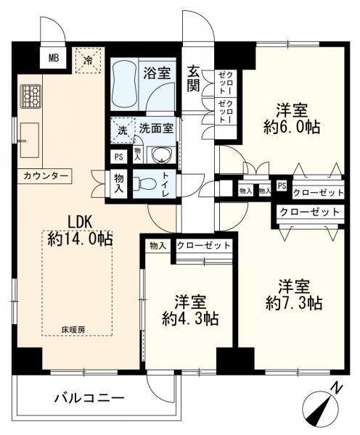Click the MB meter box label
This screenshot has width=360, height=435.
point(54,58)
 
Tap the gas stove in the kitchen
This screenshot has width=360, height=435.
point(30,97)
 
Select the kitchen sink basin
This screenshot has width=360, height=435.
point(30,141)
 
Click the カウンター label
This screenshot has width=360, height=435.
point(46,176)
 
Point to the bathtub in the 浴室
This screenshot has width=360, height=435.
point(124,86)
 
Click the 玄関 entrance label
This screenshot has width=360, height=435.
point(193,78)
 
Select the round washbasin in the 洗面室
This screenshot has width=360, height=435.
point(161,155)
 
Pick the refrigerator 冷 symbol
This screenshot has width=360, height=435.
point(88,60)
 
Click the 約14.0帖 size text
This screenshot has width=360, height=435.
point(80,239)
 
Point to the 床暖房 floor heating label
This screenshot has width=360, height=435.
point(73,330)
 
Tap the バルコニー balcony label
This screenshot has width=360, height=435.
point(89,399)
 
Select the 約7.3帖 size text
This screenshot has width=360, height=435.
point(294,304)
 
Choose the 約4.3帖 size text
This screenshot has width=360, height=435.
point(190,319)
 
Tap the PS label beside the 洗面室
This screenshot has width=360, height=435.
point(119,157)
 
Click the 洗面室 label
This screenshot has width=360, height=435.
point(156,128)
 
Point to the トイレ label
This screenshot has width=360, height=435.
point(165,185)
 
